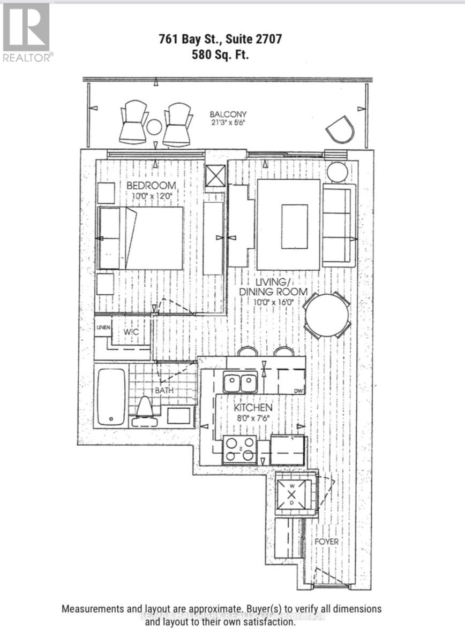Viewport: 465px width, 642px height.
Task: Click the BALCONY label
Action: coord(228,114)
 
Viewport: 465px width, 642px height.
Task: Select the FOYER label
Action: coord(326,541)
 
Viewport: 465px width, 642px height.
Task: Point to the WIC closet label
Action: coord(131,332)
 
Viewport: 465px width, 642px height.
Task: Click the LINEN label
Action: coord(102,327)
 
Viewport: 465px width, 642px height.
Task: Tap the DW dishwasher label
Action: coord(298,391)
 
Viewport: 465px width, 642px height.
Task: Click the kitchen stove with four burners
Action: coord(239,450)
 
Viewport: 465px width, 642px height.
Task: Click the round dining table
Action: coord(327,315)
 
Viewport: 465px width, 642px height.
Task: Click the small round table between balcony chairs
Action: coord(154,127)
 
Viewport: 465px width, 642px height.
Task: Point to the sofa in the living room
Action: coord(339,225)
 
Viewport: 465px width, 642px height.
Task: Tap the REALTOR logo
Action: coord(27,32)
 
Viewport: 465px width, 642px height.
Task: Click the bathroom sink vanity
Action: coord(178,415)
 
